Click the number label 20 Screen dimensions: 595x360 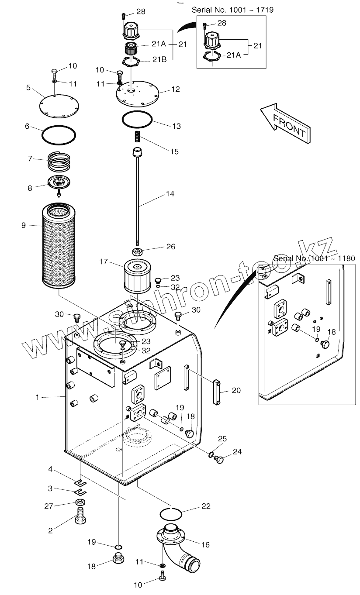pos(236,390)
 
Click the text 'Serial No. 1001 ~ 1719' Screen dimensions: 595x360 pos(232,10)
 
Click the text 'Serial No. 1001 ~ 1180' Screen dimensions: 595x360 pos(314,258)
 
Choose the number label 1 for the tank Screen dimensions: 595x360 pos(38,397)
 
